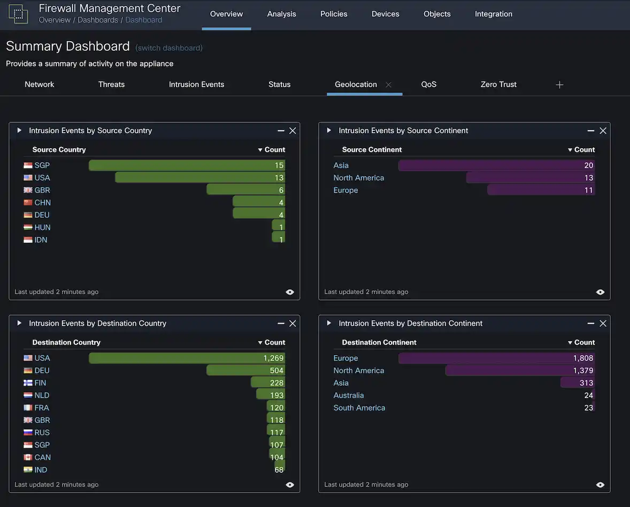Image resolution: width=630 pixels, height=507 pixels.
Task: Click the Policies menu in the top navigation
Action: click(334, 14)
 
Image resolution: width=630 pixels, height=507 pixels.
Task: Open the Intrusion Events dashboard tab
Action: click(196, 84)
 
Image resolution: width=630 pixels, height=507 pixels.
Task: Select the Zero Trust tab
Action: click(498, 84)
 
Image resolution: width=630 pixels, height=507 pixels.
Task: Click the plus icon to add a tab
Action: click(559, 85)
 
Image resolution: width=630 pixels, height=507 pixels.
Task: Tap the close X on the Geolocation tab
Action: click(389, 84)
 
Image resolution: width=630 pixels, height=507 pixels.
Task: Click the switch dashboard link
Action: click(169, 48)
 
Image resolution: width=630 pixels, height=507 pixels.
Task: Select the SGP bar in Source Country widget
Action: click(187, 165)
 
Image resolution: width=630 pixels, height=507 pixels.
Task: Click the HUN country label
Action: click(42, 227)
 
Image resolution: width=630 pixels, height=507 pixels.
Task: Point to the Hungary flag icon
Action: click(28, 227)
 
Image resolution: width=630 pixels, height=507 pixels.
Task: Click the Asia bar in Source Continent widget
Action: click(496, 165)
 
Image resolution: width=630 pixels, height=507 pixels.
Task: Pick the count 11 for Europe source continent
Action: click(588, 190)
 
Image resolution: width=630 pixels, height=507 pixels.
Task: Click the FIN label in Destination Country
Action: click(40, 383)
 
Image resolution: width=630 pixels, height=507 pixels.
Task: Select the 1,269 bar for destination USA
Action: click(187, 358)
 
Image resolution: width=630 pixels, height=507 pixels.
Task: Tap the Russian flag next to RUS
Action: click(28, 433)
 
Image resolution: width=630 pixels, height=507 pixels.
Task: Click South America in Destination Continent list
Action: click(359, 408)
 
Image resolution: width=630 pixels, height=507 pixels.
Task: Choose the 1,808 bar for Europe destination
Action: click(496, 358)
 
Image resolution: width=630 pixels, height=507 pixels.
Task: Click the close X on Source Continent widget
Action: click(603, 130)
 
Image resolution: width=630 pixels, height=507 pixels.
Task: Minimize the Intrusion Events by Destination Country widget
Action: click(281, 324)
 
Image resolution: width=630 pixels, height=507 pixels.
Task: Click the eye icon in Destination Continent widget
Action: click(600, 485)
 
